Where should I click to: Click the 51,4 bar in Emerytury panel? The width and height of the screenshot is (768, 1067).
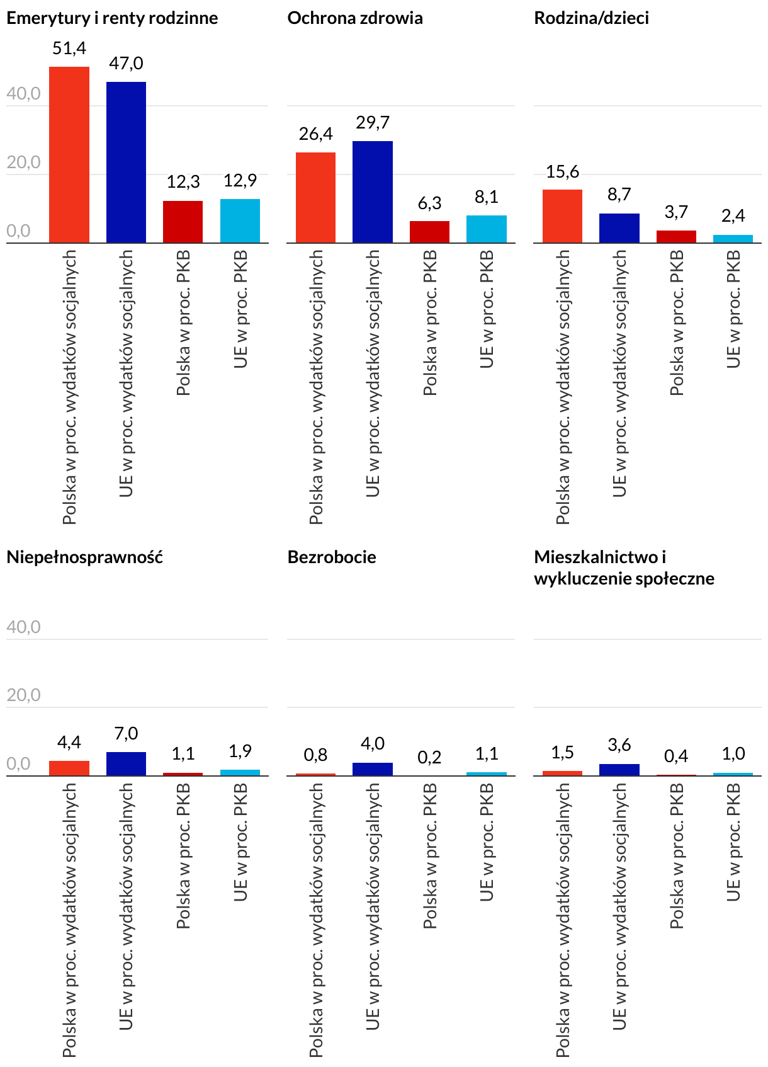pos(69,154)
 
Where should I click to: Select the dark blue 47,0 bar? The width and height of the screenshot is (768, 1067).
pos(126,162)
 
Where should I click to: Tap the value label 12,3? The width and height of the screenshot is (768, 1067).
pos(183,182)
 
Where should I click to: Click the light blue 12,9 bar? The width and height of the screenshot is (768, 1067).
pos(240,220)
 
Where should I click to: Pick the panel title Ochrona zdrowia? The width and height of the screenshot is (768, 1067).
pos(355,18)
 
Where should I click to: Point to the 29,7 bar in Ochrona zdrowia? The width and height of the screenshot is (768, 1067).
pos(373,191)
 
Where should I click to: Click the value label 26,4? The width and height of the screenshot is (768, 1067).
pos(316,134)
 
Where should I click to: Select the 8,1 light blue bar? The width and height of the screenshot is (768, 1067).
pos(487,229)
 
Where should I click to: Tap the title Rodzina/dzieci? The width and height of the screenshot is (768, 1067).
pos(591,18)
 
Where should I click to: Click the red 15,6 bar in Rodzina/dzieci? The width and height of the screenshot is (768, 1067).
pos(562,216)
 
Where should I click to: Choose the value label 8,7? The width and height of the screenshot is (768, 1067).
pos(619,195)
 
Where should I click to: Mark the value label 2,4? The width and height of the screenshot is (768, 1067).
pos(733,216)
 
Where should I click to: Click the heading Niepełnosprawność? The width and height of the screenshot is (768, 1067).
pos(84,557)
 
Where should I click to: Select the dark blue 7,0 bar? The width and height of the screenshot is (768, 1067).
pos(126,763)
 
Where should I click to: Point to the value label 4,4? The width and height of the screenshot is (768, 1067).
pos(69,743)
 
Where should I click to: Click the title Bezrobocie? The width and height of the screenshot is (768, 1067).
pos(332,557)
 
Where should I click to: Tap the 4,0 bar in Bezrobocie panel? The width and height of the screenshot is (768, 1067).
pos(373,769)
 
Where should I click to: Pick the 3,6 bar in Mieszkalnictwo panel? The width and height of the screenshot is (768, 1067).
pos(619,770)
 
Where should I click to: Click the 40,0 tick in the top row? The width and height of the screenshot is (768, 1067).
pos(23,94)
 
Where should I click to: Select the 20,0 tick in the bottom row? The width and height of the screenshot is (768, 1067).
pos(23,695)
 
